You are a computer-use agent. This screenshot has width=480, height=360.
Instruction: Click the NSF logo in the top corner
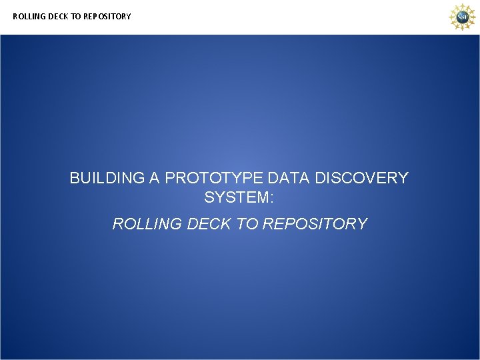point(461,17)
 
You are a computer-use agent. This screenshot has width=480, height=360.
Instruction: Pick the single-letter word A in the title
point(155,179)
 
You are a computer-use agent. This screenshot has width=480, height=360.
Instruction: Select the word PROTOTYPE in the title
point(213,179)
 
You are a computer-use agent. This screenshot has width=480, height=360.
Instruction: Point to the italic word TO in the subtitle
point(248,224)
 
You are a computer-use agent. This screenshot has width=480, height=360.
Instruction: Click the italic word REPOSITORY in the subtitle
point(315,224)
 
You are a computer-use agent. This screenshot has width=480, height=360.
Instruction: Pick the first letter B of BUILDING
point(75,179)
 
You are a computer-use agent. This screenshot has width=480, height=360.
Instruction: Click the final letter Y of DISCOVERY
point(403,179)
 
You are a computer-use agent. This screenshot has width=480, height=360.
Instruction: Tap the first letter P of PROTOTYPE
point(170,179)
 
